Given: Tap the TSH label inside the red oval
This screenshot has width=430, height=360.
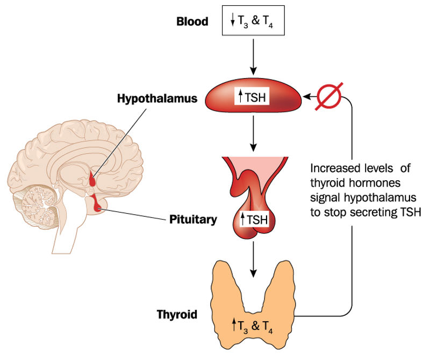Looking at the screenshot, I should point(253,98).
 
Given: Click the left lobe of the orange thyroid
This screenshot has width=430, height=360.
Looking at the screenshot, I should point(221,291).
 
